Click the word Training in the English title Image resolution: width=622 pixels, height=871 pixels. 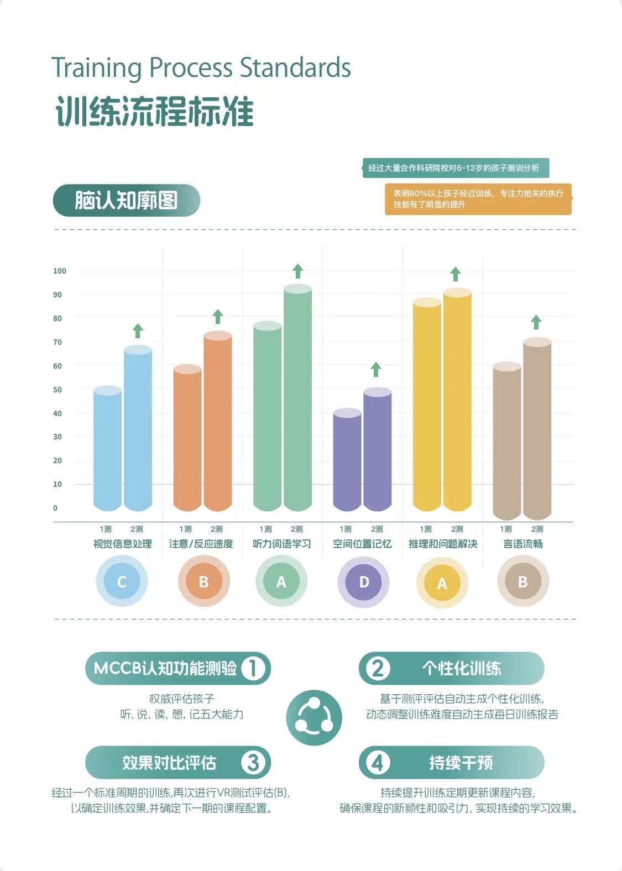[x=96, y=68]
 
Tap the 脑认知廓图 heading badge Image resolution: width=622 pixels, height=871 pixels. [x=127, y=200]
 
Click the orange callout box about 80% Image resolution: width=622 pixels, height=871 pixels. [x=478, y=199]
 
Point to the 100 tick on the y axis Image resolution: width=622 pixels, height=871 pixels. [x=60, y=271]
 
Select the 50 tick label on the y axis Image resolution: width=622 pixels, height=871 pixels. [x=57, y=390]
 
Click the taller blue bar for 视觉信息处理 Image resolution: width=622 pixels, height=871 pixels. [x=138, y=428]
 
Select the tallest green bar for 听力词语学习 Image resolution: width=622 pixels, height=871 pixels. [x=297, y=397]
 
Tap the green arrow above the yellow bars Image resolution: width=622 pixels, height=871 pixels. [x=456, y=274]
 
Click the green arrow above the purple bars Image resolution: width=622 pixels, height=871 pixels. [x=376, y=369]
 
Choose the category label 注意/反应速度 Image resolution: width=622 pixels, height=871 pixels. [x=201, y=544]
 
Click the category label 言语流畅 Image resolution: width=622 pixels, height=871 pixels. [x=523, y=544]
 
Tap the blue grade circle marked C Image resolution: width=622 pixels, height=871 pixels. [x=122, y=581]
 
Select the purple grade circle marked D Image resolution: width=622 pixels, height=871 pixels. [x=363, y=582]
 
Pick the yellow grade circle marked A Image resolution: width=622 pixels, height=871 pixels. [x=442, y=583]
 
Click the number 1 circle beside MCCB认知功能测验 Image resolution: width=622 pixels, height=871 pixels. [x=253, y=668]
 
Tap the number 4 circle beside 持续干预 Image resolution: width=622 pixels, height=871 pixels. [x=377, y=763]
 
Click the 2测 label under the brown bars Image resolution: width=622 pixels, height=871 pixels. [x=537, y=529]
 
